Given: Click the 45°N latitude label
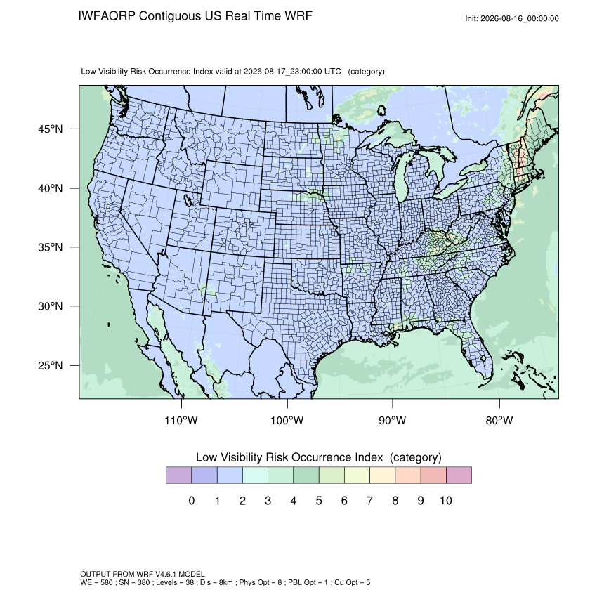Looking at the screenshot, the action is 50,129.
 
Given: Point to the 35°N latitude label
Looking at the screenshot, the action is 50,247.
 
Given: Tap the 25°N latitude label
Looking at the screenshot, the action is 50,365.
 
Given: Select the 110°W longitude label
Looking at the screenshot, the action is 181,420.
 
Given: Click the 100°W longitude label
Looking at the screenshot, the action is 287,420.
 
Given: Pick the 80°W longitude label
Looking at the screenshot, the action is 499,420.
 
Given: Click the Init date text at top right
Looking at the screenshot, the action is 512,18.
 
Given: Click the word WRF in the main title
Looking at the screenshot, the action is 300,16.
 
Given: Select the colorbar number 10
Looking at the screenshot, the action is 446,500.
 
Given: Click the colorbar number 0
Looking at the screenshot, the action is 192,500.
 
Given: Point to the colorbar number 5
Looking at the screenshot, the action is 319,500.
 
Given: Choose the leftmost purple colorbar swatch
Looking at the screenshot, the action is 178,475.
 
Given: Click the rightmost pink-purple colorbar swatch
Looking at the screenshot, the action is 459,475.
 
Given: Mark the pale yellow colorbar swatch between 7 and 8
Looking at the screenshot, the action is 382,475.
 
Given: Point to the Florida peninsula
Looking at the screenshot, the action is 477,350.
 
